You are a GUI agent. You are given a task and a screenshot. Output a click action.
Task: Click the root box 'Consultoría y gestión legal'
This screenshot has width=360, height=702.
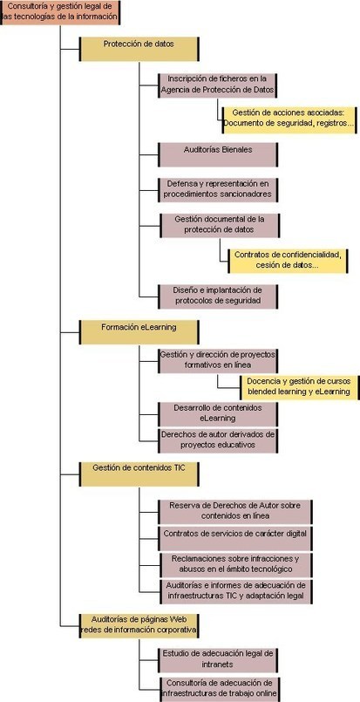click(x=60, y=12)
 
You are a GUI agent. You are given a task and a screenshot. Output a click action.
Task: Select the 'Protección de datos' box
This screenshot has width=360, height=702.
click(x=139, y=49)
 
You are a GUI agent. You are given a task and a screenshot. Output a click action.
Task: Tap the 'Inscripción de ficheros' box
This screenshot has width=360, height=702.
click(x=218, y=85)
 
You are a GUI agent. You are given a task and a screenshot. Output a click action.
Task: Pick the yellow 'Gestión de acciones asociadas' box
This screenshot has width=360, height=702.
click(x=290, y=119)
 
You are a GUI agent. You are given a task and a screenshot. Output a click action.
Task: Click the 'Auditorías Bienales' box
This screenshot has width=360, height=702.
click(x=218, y=154)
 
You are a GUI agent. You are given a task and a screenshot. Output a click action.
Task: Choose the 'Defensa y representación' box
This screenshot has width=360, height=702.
click(x=218, y=189)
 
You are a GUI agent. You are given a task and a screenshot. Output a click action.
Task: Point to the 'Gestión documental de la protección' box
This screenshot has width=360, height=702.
click(x=220, y=225)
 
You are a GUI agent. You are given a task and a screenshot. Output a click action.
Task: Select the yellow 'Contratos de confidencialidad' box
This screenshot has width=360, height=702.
click(x=289, y=261)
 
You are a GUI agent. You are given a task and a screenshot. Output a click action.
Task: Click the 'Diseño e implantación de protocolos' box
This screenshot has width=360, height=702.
click(x=218, y=296)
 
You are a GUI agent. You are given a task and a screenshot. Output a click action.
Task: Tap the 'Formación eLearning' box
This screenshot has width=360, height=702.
click(x=139, y=331)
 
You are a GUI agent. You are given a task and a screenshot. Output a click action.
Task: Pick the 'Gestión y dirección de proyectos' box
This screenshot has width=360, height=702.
click(x=218, y=360)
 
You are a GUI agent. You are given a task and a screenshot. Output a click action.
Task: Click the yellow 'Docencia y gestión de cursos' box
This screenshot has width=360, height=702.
click(x=300, y=387)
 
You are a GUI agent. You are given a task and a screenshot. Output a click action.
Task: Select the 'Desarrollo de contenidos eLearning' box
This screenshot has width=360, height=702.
click(x=218, y=413)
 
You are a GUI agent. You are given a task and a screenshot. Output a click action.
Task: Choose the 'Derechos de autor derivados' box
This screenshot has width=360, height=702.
click(x=218, y=440)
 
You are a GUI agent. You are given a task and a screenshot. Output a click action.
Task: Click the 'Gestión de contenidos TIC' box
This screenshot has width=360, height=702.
click(x=139, y=474)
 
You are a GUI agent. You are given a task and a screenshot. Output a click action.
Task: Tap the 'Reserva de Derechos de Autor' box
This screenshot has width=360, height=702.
click(x=235, y=512)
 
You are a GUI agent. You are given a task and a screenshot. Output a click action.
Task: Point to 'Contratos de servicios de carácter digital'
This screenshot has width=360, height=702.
click(x=235, y=539)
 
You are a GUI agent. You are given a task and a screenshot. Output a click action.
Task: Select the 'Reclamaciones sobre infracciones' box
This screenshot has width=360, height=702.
click(x=235, y=565)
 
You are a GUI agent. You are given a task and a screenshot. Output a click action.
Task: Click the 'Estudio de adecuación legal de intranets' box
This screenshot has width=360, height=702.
click(x=218, y=660)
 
